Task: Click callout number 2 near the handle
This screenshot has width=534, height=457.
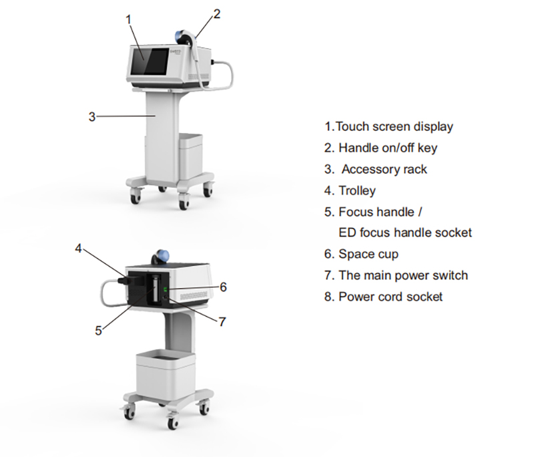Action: click(x=216, y=13)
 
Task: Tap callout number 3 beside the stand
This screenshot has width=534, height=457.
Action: click(x=92, y=116)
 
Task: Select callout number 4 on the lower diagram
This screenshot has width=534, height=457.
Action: click(x=78, y=248)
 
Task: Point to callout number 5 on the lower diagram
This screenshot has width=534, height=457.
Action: click(x=98, y=329)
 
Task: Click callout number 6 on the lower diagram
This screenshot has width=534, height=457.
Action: click(x=224, y=287)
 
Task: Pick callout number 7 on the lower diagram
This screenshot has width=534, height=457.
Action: click(x=222, y=321)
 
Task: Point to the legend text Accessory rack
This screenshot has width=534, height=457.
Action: click(x=384, y=169)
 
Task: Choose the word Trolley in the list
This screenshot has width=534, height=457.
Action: click(x=357, y=190)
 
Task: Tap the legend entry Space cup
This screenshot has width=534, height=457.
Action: click(x=368, y=254)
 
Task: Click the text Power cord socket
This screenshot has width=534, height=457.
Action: click(x=390, y=296)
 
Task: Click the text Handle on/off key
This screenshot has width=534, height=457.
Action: click(x=388, y=148)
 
